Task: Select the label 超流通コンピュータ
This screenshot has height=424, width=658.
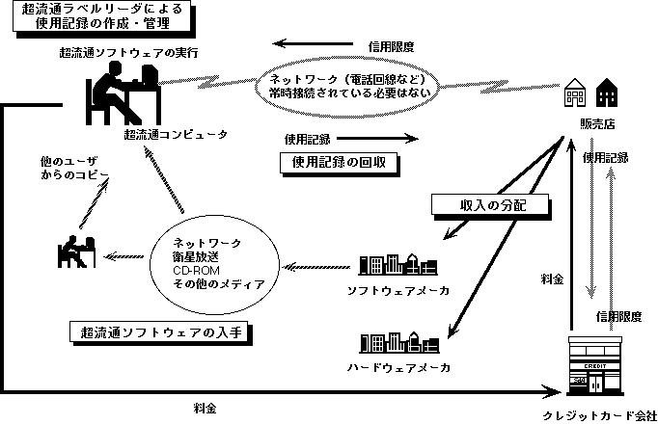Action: tap(178, 134)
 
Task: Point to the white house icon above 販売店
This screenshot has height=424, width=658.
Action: tap(576, 93)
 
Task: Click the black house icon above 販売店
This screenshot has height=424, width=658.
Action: tap(608, 93)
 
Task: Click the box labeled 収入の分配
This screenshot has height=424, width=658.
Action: tap(490, 204)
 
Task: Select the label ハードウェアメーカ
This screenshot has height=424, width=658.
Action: tap(398, 368)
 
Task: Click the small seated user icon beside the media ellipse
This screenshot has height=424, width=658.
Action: tap(72, 251)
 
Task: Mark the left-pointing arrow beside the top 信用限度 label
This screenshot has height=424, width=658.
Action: tap(309, 43)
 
